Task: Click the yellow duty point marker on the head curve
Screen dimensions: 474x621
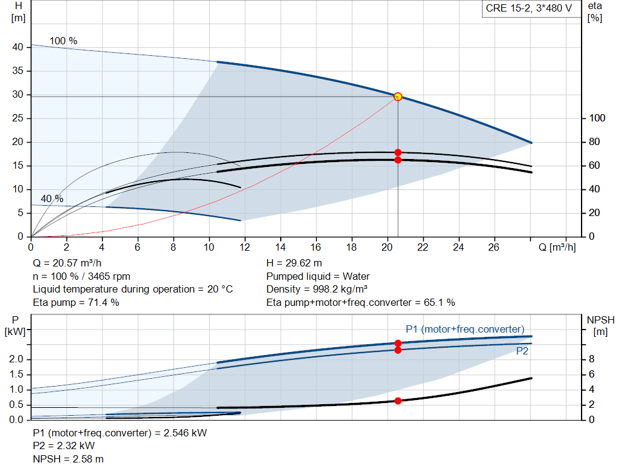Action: click(398, 96)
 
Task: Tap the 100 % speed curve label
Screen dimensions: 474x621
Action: click(64, 41)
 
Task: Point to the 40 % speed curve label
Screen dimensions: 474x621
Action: click(52, 199)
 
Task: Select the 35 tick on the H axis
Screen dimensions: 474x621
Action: click(18, 71)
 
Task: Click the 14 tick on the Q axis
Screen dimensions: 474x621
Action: click(281, 247)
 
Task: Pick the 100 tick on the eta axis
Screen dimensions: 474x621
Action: click(597, 118)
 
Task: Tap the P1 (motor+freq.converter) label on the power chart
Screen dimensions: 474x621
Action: click(465, 329)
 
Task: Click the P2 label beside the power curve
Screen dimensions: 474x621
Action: click(522, 351)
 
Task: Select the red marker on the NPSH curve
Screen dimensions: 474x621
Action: click(398, 401)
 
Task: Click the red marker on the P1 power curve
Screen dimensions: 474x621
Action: click(398, 343)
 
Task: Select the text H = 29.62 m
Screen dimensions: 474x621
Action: click(294, 263)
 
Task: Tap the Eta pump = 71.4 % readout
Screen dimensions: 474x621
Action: click(76, 302)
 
